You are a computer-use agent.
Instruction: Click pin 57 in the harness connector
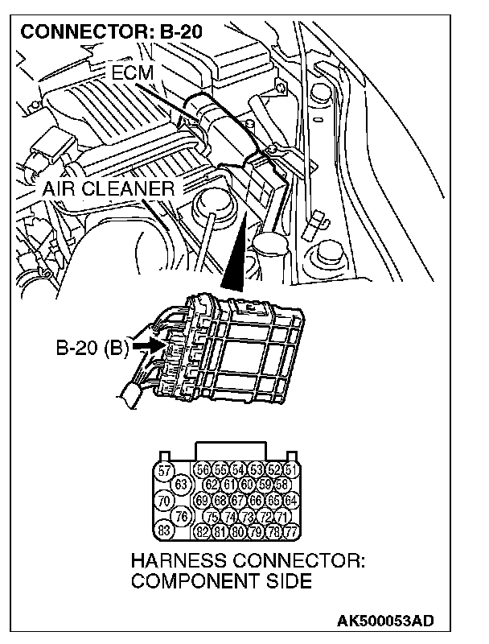pyautogui.click(x=164, y=470)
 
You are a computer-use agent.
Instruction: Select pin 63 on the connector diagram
pyautogui.click(x=181, y=485)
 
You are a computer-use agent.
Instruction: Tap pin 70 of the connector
pyautogui.click(x=164, y=500)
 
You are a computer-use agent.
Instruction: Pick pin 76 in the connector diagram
pyautogui.click(x=182, y=515)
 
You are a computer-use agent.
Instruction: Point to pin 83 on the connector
pyautogui.click(x=164, y=530)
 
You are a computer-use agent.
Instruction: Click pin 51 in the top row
pyautogui.click(x=291, y=470)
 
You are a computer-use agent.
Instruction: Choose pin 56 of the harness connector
pyautogui.click(x=203, y=470)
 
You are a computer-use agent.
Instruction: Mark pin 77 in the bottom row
pyautogui.click(x=291, y=530)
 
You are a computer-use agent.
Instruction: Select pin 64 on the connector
pyautogui.click(x=291, y=500)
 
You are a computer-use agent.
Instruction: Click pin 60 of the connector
pyautogui.click(x=247, y=485)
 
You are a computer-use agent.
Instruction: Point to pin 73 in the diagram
pyautogui.click(x=247, y=515)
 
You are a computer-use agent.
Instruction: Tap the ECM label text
pyautogui.click(x=132, y=73)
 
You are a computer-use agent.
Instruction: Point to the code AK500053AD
pyautogui.click(x=384, y=621)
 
